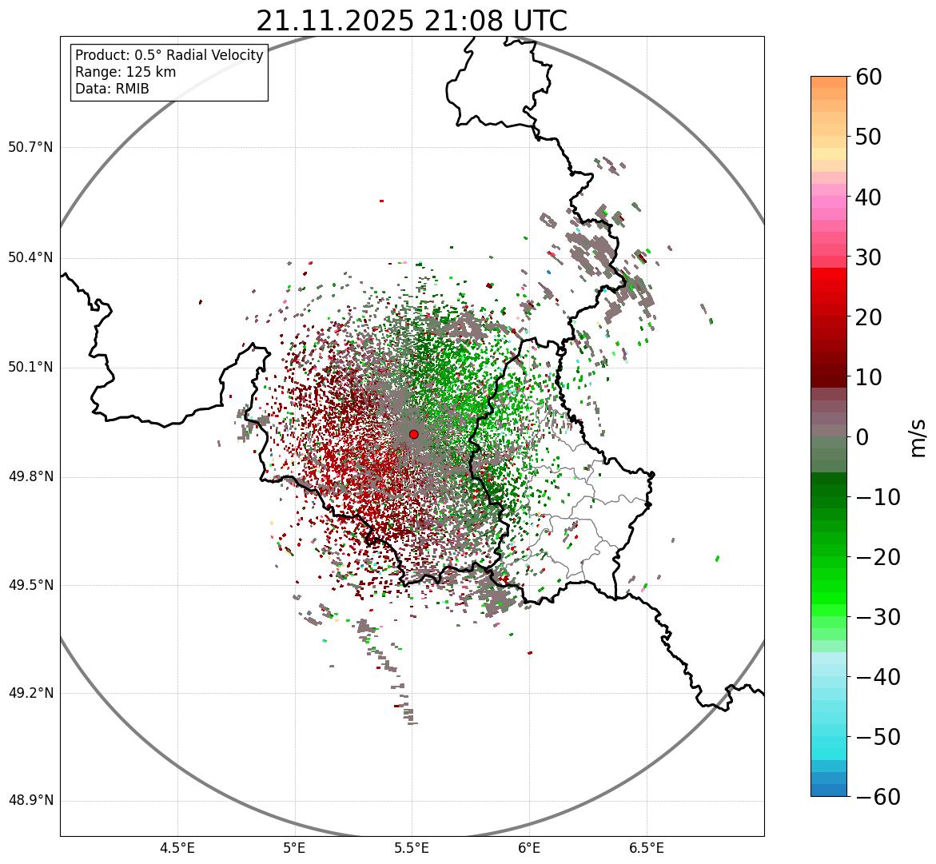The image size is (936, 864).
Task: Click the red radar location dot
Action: (x=413, y=434)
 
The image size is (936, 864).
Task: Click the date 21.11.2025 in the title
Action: (x=335, y=21)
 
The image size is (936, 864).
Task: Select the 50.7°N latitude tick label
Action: (x=30, y=148)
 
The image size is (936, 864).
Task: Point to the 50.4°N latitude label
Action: (x=30, y=258)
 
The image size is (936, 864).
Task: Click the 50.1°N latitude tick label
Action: (x=30, y=368)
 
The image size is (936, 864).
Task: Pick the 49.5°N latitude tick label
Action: (x=30, y=585)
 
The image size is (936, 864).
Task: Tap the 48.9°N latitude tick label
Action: (x=30, y=801)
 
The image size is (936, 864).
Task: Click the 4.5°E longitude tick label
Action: (x=177, y=848)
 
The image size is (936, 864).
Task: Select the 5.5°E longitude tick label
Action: (x=412, y=848)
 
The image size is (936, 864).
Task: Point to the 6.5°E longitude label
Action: (x=646, y=848)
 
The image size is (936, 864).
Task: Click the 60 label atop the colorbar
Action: (x=868, y=77)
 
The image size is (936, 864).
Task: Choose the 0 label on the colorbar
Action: (x=862, y=437)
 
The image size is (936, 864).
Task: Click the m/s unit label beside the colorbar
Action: (x=918, y=437)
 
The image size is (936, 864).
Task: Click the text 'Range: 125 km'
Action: (x=125, y=72)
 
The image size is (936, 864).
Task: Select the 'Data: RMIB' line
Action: (x=112, y=89)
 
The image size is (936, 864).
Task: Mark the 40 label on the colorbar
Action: (x=868, y=197)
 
